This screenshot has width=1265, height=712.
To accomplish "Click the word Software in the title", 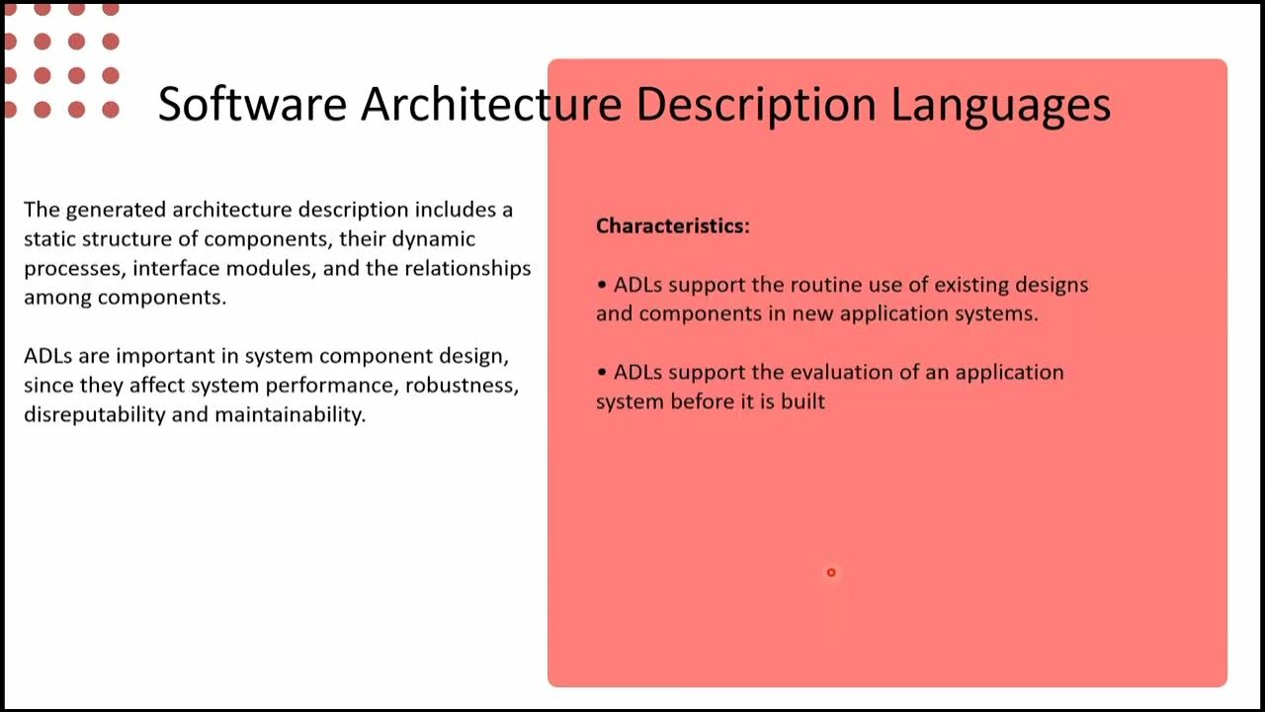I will [252, 104].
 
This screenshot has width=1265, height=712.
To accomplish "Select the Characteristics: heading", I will [672, 225].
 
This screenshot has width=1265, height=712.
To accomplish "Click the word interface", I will [176, 268].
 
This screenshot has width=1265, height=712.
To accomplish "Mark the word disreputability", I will [94, 414].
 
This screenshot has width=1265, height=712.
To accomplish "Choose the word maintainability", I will [290, 414].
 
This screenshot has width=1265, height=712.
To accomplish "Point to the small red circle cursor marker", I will [831, 573].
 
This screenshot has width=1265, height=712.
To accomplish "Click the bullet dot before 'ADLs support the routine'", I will [602, 285].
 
